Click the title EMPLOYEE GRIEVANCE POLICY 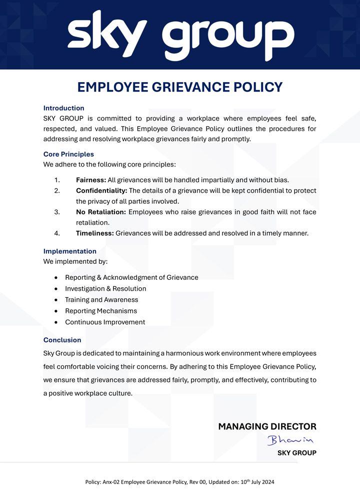pyautogui.click(x=180, y=87)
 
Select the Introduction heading pyautogui.click(x=63, y=108)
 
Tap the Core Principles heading pyautogui.click(x=68, y=154)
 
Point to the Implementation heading pyautogui.click(x=70, y=251)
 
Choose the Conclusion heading pyautogui.click(x=62, y=340)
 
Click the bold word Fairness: pyautogui.click(x=90, y=180)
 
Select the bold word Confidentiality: pyautogui.click(x=101, y=191)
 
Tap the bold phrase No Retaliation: pyautogui.click(x=101, y=212)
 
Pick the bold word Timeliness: pyautogui.click(x=94, y=233)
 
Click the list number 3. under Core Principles pyautogui.click(x=57, y=212)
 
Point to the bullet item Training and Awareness pyautogui.click(x=101, y=300)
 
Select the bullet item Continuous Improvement pyautogui.click(x=105, y=322)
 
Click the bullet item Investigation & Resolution pyautogui.click(x=105, y=289)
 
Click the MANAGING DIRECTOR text pyautogui.click(x=267, y=427)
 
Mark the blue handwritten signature pyautogui.click(x=289, y=440)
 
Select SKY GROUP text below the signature pyautogui.click(x=296, y=453)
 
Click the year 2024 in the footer pyautogui.click(x=266, y=482)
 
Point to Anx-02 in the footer pyautogui.click(x=112, y=482)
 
